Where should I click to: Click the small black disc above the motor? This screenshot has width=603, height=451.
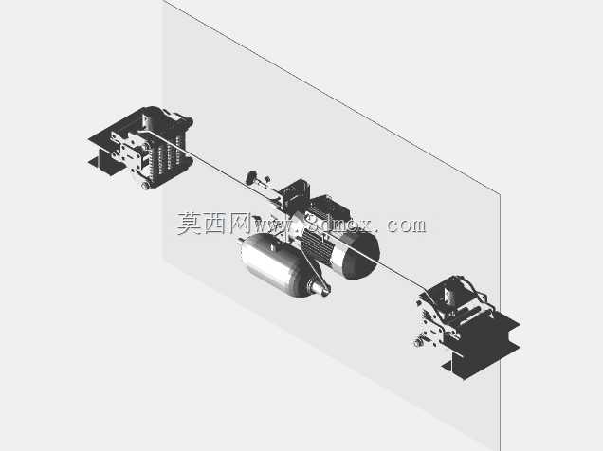[252, 177]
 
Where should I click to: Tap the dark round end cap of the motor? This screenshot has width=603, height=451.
[360, 256]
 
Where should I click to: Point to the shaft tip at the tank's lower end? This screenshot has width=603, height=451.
[322, 289]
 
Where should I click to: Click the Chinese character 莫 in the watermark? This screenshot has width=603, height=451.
[190, 224]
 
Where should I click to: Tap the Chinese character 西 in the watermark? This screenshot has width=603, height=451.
[215, 224]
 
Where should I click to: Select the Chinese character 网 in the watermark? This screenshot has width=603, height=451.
[240, 224]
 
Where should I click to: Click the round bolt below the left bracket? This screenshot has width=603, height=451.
[145, 186]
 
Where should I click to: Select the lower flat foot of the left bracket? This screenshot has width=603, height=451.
[102, 164]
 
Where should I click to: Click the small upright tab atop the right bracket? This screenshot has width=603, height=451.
[448, 295]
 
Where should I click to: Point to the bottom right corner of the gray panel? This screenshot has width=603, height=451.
[500, 450]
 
